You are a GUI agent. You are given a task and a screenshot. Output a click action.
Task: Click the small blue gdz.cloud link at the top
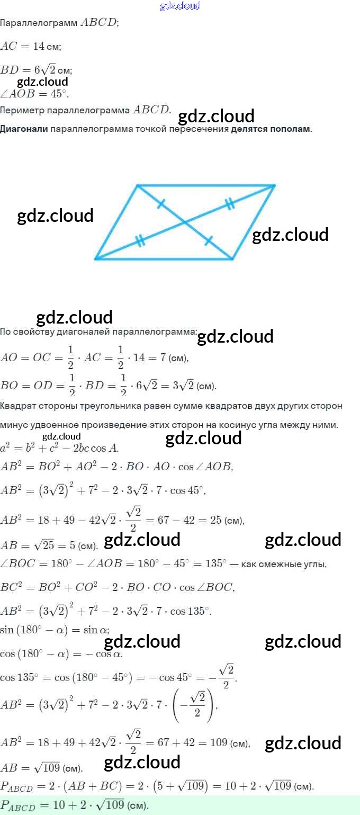click(180, 6)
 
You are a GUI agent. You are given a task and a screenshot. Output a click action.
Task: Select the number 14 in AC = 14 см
click(39, 47)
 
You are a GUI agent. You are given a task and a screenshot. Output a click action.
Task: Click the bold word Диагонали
click(24, 129)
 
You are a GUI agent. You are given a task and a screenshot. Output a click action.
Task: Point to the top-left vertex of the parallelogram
click(137, 185)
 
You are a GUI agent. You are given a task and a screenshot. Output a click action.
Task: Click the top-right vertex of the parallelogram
click(275, 185)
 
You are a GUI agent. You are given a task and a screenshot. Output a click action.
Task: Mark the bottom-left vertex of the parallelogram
click(96, 259)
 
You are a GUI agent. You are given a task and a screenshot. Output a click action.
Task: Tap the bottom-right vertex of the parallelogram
click(232, 259)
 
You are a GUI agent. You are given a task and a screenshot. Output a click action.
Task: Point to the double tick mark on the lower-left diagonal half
click(140, 241)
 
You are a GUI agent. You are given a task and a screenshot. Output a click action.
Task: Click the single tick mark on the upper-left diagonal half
click(161, 203)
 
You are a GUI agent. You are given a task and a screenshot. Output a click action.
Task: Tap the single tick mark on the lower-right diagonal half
click(209, 240)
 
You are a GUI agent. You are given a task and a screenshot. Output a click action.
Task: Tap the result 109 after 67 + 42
click(218, 743)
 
